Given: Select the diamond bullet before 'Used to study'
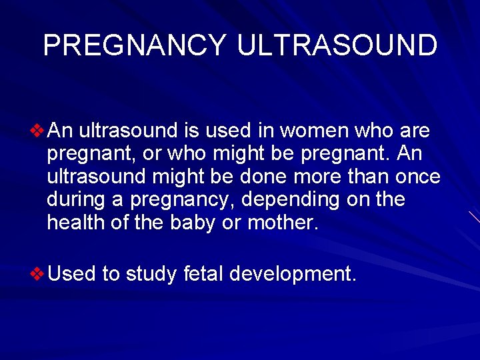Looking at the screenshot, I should click(x=39, y=273).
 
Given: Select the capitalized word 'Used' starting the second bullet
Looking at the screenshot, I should click(x=72, y=273).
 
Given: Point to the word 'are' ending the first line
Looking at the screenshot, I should click(x=415, y=131).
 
